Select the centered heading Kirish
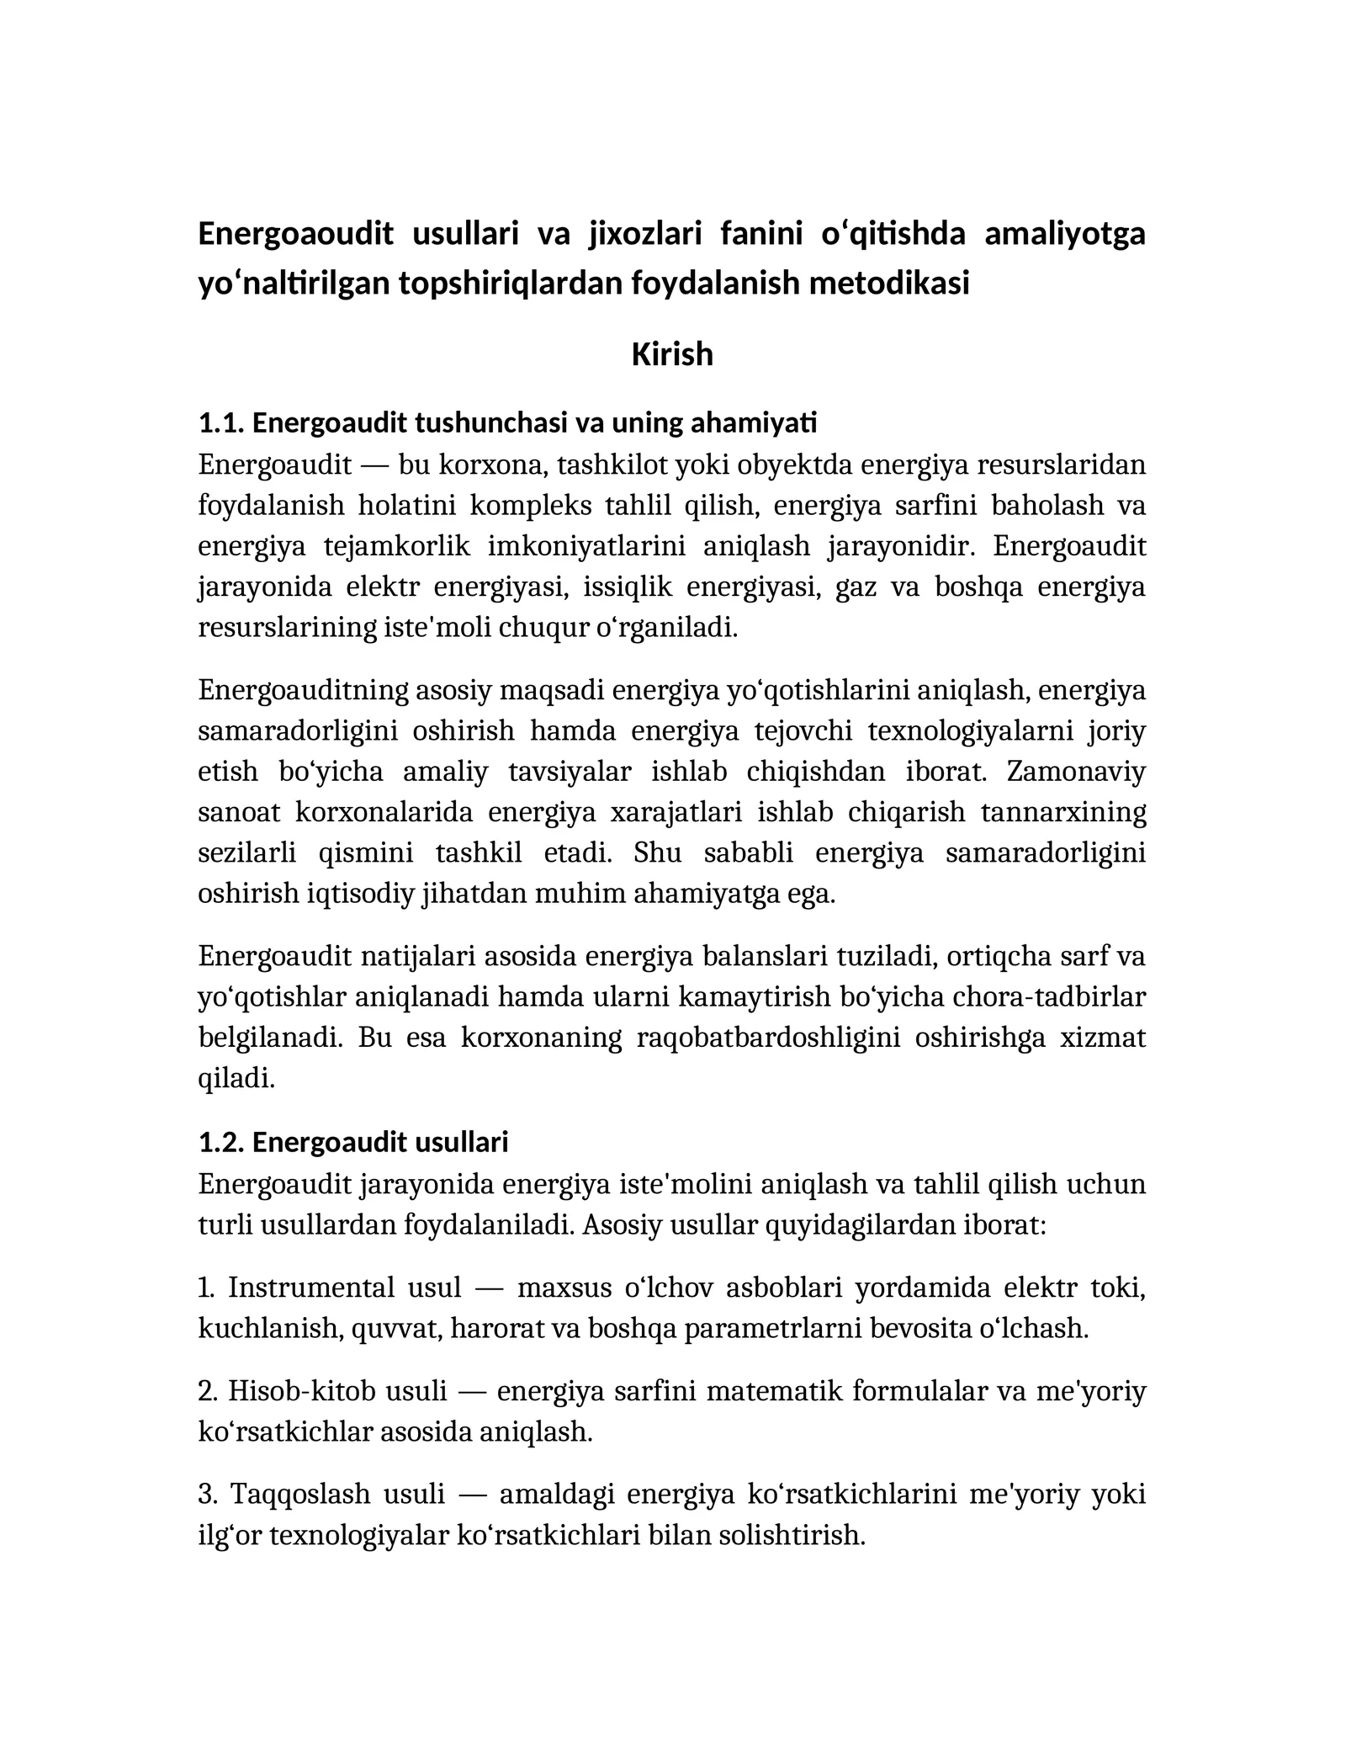click(672, 354)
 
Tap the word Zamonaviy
click(1076, 771)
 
